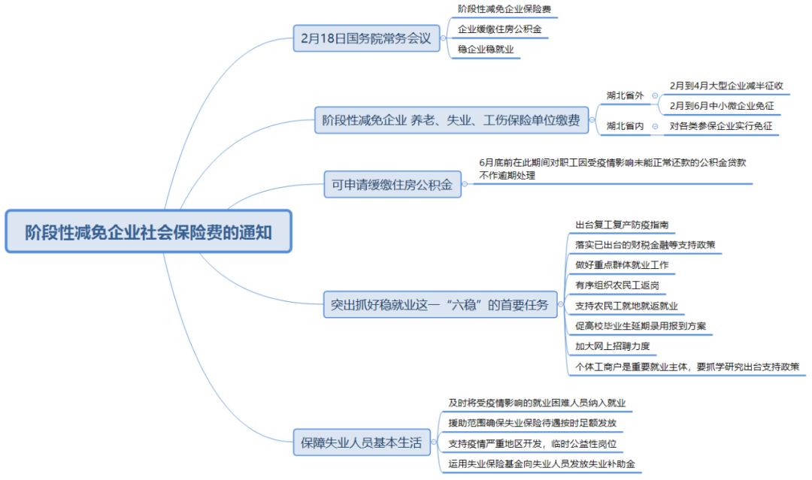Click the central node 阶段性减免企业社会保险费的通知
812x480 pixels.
point(148,231)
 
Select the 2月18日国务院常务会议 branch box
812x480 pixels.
point(366,39)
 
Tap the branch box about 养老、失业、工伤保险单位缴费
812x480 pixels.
point(451,120)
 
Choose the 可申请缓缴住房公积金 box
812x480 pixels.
point(392,185)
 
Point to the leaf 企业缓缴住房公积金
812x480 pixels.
point(499,30)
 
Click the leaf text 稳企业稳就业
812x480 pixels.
point(486,50)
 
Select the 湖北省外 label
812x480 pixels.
point(626,95)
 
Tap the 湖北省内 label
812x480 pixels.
point(626,126)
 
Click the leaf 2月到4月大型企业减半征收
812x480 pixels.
point(726,86)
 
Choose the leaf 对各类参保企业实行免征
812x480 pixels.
point(721,126)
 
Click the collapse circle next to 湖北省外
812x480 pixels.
point(655,95)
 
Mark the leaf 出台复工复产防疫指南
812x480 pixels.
point(621,225)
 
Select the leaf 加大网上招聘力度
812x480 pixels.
point(611,346)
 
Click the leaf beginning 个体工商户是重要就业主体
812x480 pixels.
point(687,367)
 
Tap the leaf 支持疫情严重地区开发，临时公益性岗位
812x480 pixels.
point(536,444)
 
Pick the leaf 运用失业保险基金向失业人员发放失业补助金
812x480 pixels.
point(541,464)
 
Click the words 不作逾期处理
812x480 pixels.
point(507,175)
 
